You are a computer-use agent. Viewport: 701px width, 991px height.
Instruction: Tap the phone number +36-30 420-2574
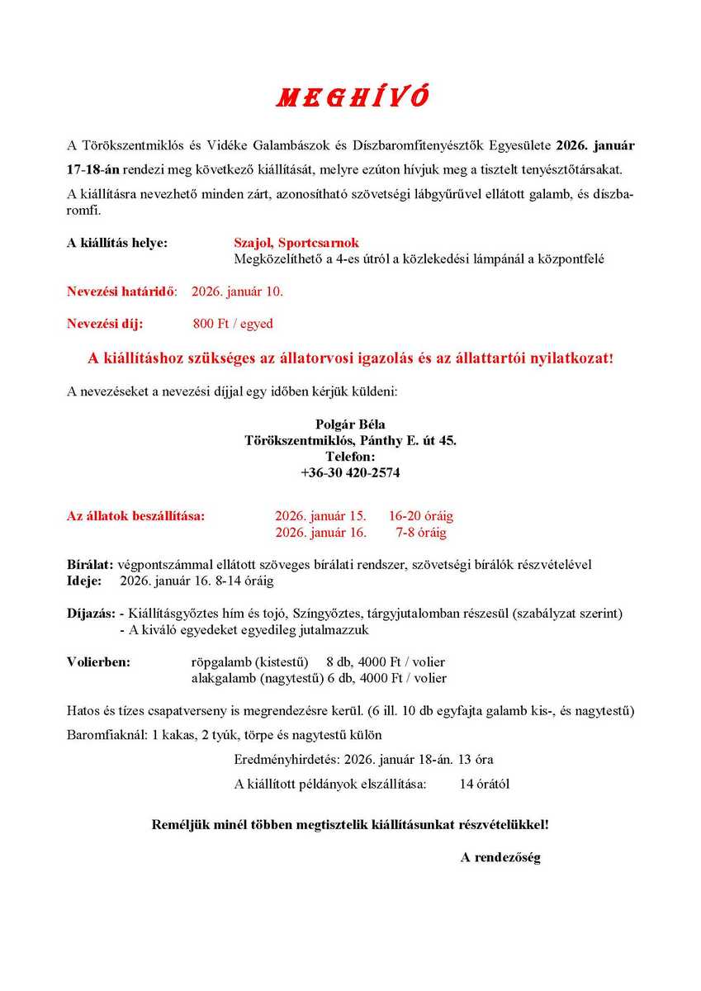pos(350,473)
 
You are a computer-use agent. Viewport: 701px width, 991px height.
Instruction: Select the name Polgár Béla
pos(350,424)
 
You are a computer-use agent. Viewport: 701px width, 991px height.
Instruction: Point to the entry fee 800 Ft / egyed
pos(233,324)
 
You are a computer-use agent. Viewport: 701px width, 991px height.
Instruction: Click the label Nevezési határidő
pos(121,292)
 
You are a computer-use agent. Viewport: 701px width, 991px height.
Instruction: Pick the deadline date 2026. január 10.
pos(238,292)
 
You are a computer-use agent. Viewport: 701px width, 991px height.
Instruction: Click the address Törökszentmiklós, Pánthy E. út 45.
pos(350,441)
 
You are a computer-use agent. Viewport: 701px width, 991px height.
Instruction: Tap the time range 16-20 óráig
pos(421,516)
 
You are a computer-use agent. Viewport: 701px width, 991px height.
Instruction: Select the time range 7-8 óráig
pos(421,533)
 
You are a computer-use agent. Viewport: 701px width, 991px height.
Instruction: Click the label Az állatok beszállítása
pos(135,516)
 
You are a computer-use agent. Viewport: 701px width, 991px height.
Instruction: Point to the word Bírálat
pos(89,565)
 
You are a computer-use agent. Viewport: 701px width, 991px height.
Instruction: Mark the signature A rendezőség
pos(500,857)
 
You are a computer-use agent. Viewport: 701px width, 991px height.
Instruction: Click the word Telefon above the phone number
pos(350,457)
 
